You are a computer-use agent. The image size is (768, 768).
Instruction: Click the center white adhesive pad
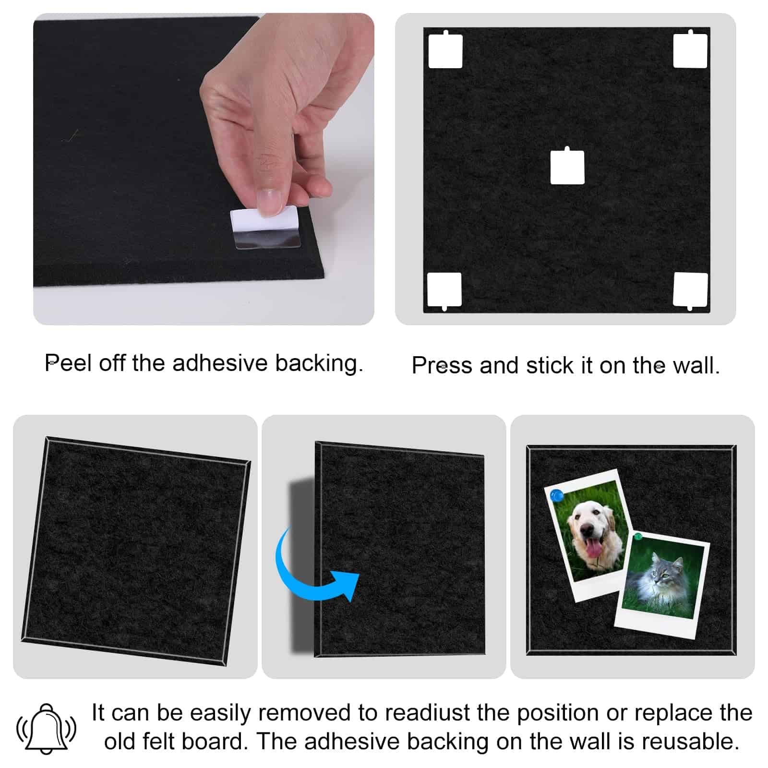coord(567,167)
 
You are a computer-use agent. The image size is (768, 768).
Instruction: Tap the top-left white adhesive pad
coord(445,50)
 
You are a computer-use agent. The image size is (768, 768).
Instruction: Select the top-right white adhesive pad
coord(690,50)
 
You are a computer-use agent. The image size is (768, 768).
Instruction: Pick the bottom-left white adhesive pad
coord(444,290)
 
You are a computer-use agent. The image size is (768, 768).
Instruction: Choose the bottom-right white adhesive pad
coord(690,290)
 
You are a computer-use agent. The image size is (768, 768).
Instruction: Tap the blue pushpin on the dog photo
coord(557,495)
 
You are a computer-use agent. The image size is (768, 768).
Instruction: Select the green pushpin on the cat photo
coord(638,536)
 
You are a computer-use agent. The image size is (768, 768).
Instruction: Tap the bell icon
coord(47,729)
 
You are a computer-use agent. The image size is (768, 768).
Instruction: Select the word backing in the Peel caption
coord(319,364)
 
